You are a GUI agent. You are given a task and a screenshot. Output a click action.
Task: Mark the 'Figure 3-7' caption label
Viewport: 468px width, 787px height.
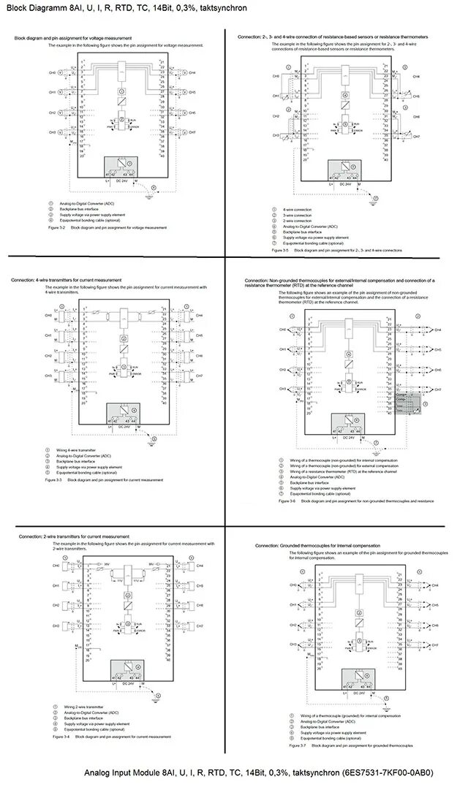pyautogui.click(x=298, y=746)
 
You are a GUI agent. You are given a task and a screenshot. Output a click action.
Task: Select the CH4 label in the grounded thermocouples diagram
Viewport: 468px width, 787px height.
pyautogui.click(x=434, y=585)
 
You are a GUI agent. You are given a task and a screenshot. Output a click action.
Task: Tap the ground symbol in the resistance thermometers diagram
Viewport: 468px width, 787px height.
pyautogui.click(x=375, y=198)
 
